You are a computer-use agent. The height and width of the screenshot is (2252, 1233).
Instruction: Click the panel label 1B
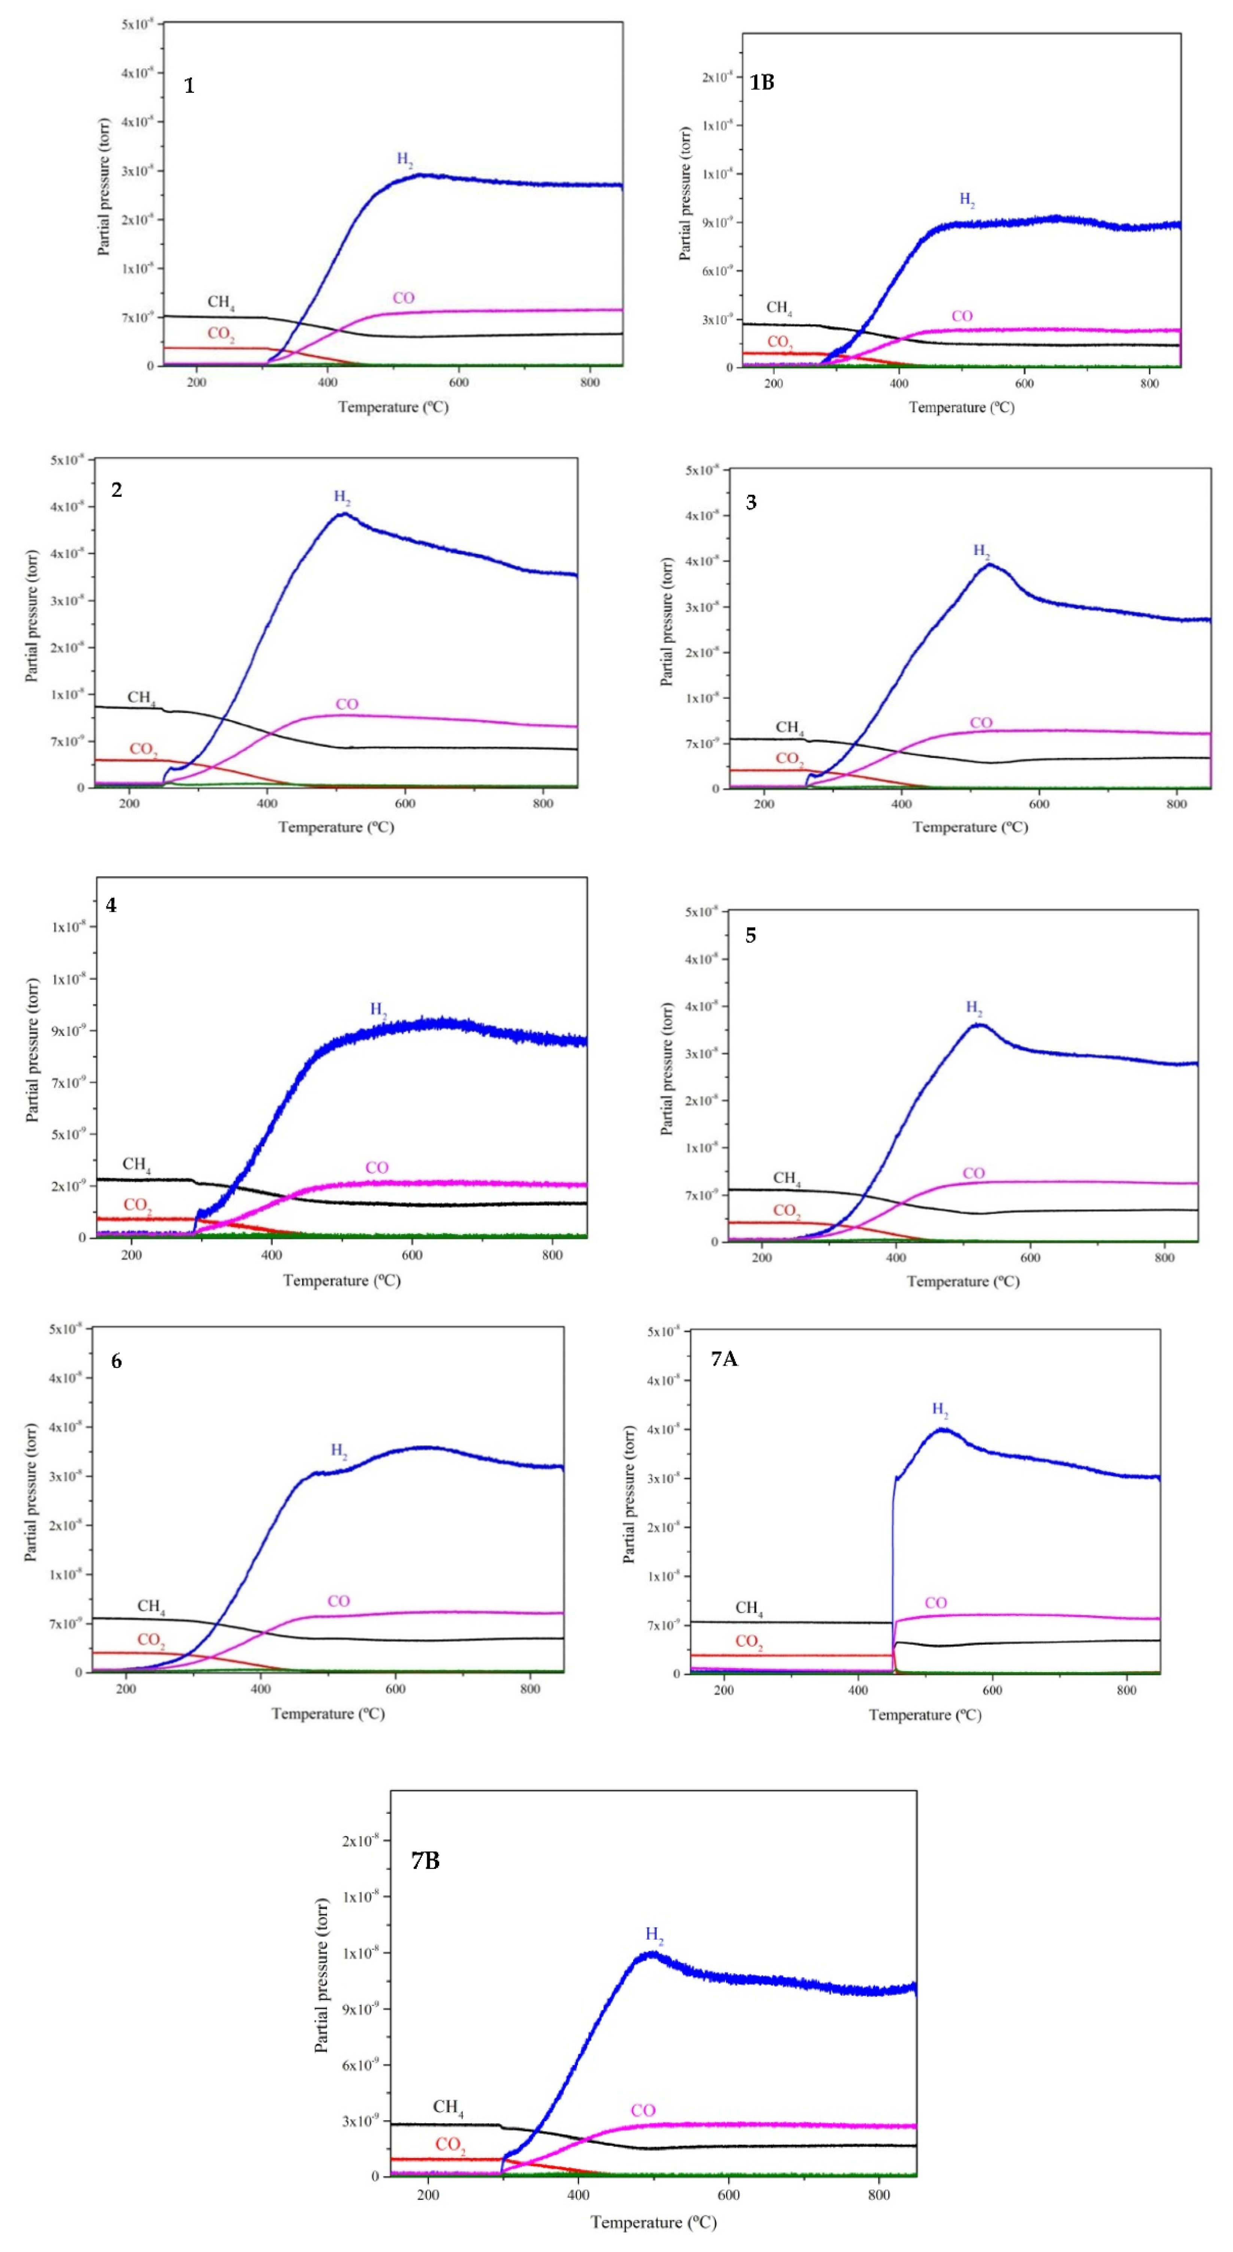click(762, 82)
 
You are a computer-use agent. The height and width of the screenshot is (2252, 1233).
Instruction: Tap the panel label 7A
click(723, 1358)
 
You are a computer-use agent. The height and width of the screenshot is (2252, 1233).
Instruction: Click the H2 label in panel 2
click(342, 497)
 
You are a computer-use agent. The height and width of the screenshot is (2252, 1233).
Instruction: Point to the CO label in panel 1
click(403, 298)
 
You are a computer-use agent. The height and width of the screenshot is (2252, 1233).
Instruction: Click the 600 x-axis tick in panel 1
click(459, 382)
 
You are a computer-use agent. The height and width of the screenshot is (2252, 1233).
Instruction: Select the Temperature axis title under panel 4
click(342, 1281)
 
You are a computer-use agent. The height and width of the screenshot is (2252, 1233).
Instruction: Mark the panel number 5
click(751, 936)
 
